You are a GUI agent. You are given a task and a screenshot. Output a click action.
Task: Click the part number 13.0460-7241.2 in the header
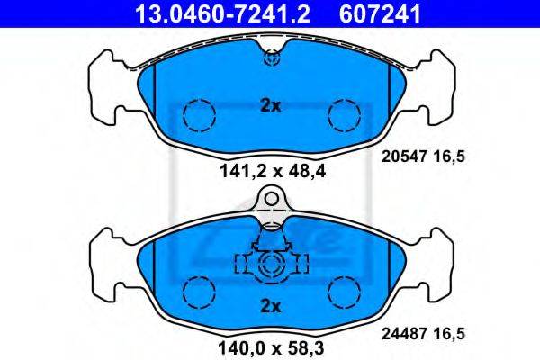click(223, 13)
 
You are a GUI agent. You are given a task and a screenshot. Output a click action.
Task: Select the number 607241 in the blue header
click(380, 13)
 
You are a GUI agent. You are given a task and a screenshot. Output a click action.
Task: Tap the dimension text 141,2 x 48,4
click(272, 171)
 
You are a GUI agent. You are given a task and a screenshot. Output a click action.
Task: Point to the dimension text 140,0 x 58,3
click(271, 348)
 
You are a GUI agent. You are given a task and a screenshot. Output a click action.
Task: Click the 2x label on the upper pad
click(271, 106)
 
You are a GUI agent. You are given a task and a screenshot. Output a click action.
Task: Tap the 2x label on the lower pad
click(271, 306)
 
